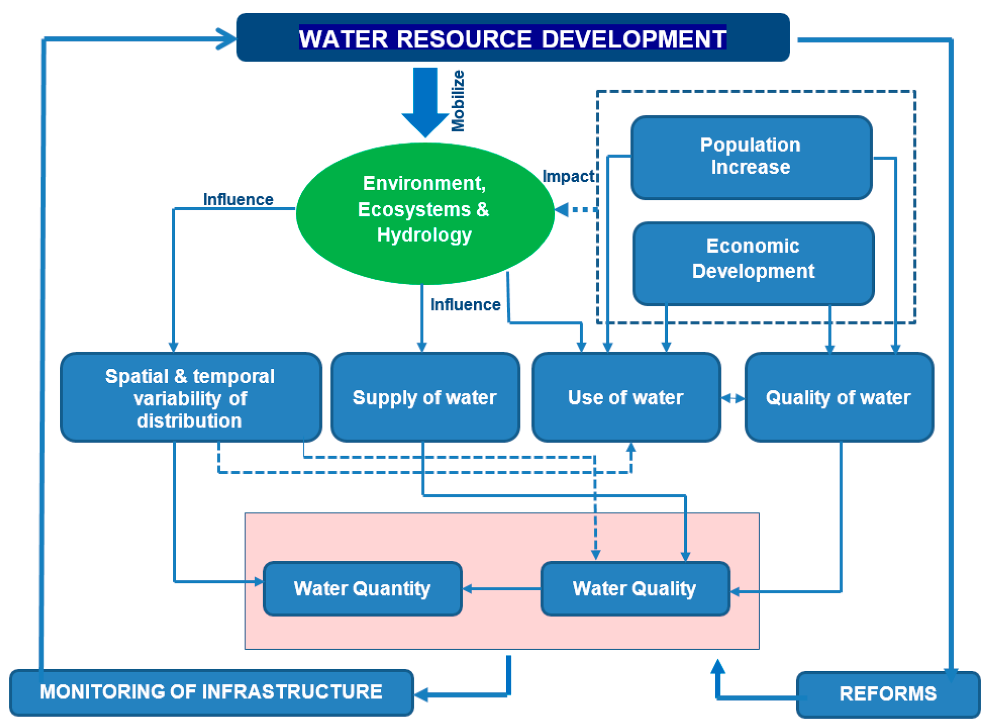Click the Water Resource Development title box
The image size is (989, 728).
click(513, 38)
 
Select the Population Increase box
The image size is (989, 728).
click(751, 157)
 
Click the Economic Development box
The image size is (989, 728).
click(753, 263)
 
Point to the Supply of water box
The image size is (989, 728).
click(424, 397)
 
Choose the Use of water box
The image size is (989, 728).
click(625, 397)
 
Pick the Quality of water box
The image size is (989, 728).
click(838, 397)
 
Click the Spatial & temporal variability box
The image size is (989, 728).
click(190, 397)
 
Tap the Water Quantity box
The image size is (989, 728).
click(362, 588)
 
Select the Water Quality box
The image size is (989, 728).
click(635, 588)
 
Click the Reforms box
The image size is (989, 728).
click(888, 694)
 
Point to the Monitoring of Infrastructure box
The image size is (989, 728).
click(211, 692)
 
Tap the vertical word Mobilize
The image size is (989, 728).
click(458, 101)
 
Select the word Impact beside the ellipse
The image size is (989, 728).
click(568, 176)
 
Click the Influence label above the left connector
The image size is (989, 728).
click(238, 199)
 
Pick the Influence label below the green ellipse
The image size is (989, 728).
click(465, 305)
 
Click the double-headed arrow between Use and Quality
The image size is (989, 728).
click(732, 399)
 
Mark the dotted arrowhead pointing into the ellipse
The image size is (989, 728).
click(562, 210)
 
